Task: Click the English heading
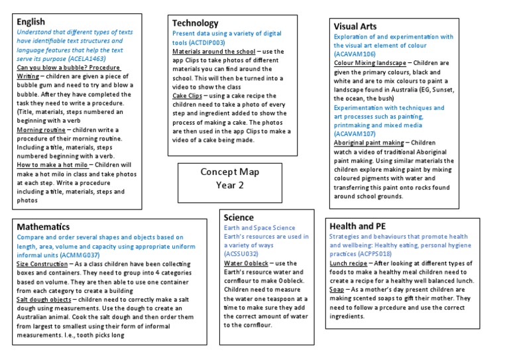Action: [31, 21]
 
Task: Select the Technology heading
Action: [195, 23]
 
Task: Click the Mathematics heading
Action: [43, 227]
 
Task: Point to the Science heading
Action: [239, 217]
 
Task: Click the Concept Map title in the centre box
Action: [229, 172]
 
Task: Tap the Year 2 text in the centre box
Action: [229, 185]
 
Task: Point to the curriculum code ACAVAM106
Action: [356, 54]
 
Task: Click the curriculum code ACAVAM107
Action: [356, 133]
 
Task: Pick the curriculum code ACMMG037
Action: [76, 255]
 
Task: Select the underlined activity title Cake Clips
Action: [188, 95]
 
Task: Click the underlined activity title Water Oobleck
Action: [246, 263]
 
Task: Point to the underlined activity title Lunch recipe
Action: [349, 263]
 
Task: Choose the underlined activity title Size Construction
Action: [42, 264]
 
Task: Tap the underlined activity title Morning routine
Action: [42, 130]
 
